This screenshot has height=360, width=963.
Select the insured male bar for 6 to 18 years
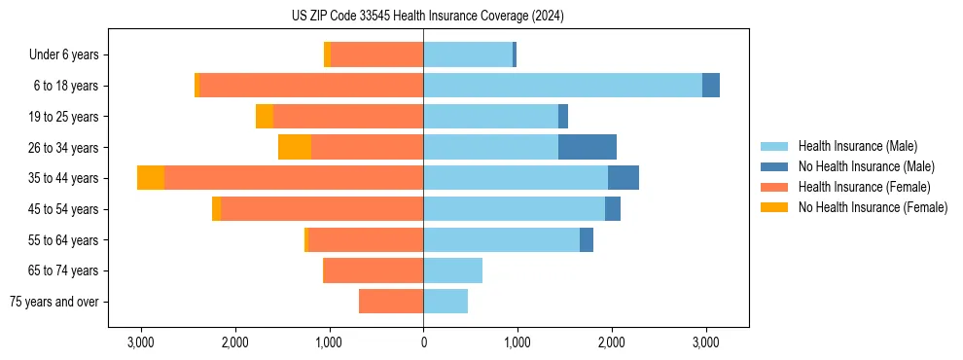point(562,86)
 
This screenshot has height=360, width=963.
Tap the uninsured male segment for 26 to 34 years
point(588,147)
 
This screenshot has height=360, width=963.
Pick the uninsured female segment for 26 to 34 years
point(295,147)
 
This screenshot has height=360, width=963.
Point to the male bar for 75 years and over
point(446,302)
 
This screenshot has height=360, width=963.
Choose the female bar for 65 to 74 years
point(373,270)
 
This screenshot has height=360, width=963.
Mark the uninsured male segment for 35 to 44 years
point(624,178)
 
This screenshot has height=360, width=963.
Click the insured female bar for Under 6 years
point(376,54)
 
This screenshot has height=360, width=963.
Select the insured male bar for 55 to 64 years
point(501,239)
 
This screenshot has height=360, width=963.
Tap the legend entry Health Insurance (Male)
point(857,146)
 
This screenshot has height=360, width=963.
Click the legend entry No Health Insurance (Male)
point(865,166)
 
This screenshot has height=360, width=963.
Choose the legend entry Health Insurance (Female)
point(864,187)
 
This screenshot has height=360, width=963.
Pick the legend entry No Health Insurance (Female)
point(873,207)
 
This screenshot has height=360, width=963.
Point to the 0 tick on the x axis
point(423,342)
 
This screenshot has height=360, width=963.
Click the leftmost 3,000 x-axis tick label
point(141,342)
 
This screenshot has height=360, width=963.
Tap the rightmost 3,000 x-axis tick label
point(705,342)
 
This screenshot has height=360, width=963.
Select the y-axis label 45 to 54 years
point(57,209)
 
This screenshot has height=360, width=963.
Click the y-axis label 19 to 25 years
point(57,117)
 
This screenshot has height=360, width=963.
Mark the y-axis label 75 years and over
point(54,302)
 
